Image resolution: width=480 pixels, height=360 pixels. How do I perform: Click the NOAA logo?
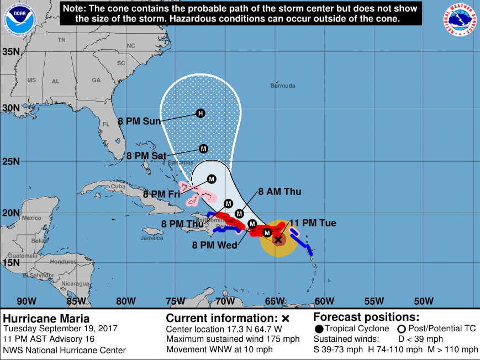pos(20,20)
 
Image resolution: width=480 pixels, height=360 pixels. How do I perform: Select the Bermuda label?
pos(283,86)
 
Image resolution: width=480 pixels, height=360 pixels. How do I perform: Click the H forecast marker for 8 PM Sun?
pos(201,113)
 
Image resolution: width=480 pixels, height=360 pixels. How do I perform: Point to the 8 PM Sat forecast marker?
pos(203,149)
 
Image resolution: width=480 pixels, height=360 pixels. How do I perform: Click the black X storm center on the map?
pos(278,239)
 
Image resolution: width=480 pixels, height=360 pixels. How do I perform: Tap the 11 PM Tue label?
pos(313,223)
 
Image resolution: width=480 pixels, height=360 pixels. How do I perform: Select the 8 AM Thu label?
pos(279,192)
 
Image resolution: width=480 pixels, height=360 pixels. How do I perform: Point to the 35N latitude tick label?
pos(11,52)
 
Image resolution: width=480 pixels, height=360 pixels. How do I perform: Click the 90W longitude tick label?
pos(27,301)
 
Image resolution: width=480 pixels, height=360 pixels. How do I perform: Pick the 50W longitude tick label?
pos(424,301)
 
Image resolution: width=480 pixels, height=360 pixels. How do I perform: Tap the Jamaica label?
pos(152,238)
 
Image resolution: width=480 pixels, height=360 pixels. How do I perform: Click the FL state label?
pos(107,125)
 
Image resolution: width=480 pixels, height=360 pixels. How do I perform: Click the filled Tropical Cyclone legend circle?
pos(319,329)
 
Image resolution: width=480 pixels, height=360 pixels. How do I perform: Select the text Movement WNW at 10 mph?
pos(219,350)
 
